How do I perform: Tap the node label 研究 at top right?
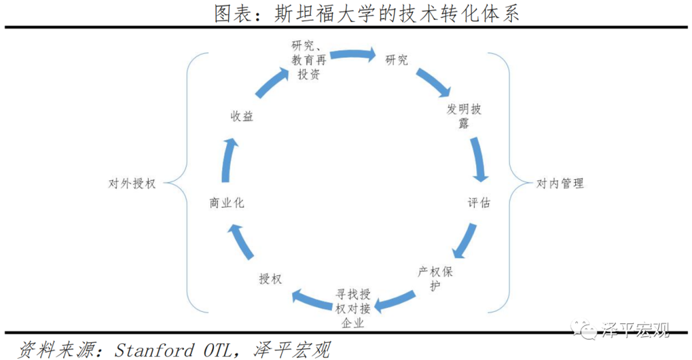396,60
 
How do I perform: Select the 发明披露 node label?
463,115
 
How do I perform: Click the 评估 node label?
479,203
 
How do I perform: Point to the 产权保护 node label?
435,279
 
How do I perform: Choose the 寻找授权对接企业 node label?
353,309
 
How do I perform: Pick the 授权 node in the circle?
270,279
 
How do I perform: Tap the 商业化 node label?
227,203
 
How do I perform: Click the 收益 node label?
242,117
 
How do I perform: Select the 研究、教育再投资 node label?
309,60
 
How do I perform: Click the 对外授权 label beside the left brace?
132,183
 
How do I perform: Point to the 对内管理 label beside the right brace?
560,183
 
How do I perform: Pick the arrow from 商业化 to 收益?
229,160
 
